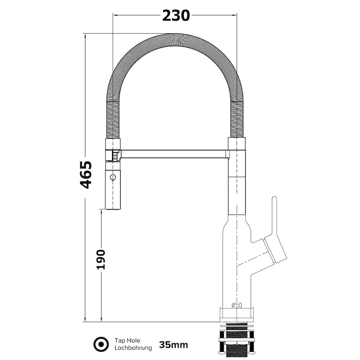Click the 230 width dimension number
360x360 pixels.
point(176,16)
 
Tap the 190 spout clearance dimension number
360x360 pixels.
point(101,260)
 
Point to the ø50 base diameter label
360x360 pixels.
point(237,305)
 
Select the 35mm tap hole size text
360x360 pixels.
point(173,345)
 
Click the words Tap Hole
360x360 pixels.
point(127,341)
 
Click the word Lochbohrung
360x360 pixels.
point(133,348)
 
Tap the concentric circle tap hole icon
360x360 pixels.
point(101,344)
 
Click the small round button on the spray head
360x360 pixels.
point(113,177)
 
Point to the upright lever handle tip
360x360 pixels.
point(274,198)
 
